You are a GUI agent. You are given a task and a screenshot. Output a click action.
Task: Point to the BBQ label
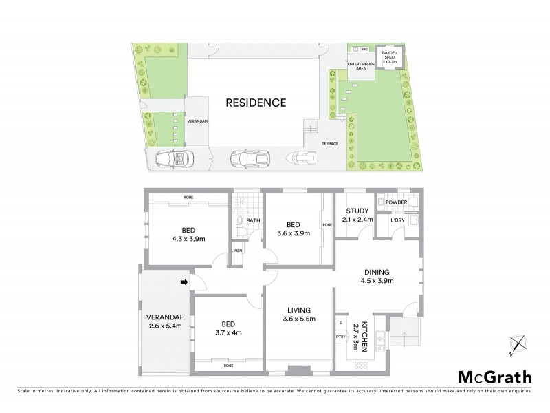(x=366, y=50)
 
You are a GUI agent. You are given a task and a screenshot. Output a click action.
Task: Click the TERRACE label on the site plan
(x=330, y=145)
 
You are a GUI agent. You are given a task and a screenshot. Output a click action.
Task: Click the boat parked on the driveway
(x=303, y=159)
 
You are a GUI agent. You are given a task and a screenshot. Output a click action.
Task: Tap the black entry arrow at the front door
(x=184, y=282)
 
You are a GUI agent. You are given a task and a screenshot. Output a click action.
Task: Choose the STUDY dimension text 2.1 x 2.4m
(x=357, y=220)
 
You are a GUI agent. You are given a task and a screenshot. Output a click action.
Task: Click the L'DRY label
(x=397, y=220)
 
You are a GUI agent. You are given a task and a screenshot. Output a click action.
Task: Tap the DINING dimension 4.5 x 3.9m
(x=378, y=280)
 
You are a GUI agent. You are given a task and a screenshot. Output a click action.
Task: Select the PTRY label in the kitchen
(x=340, y=336)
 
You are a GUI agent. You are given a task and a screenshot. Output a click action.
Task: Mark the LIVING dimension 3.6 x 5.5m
(x=298, y=319)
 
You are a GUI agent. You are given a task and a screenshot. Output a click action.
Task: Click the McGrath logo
(x=494, y=377)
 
